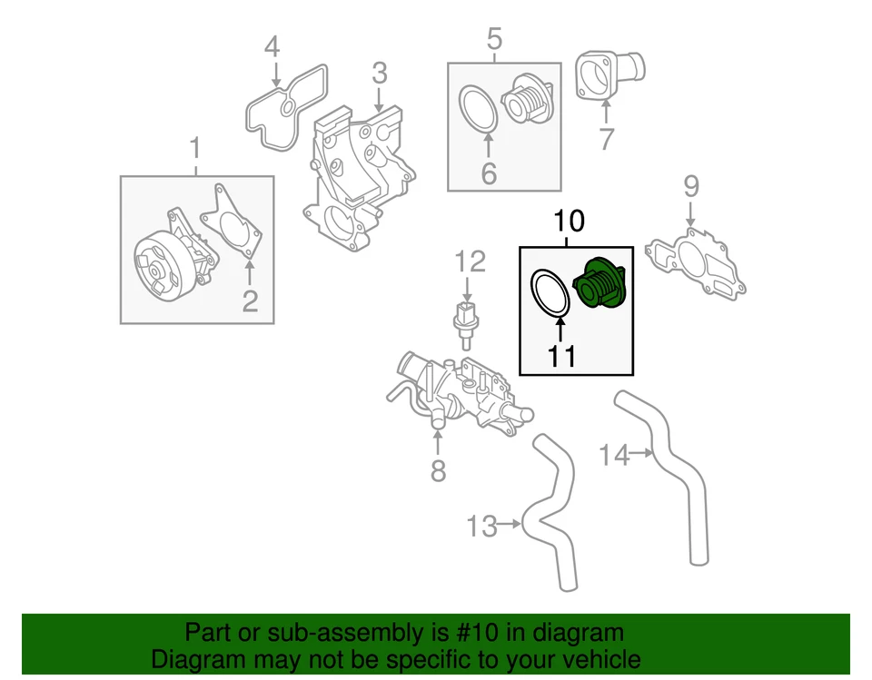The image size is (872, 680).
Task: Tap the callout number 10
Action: pyautogui.click(x=565, y=221)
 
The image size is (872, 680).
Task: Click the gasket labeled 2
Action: pyautogui.click(x=233, y=222)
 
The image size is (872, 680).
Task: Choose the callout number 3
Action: pyautogui.click(x=379, y=72)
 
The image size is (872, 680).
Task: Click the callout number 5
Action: pyautogui.click(x=494, y=38)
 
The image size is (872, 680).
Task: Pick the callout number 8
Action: pyautogui.click(x=438, y=471)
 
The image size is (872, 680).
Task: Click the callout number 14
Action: pyautogui.click(x=615, y=455)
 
